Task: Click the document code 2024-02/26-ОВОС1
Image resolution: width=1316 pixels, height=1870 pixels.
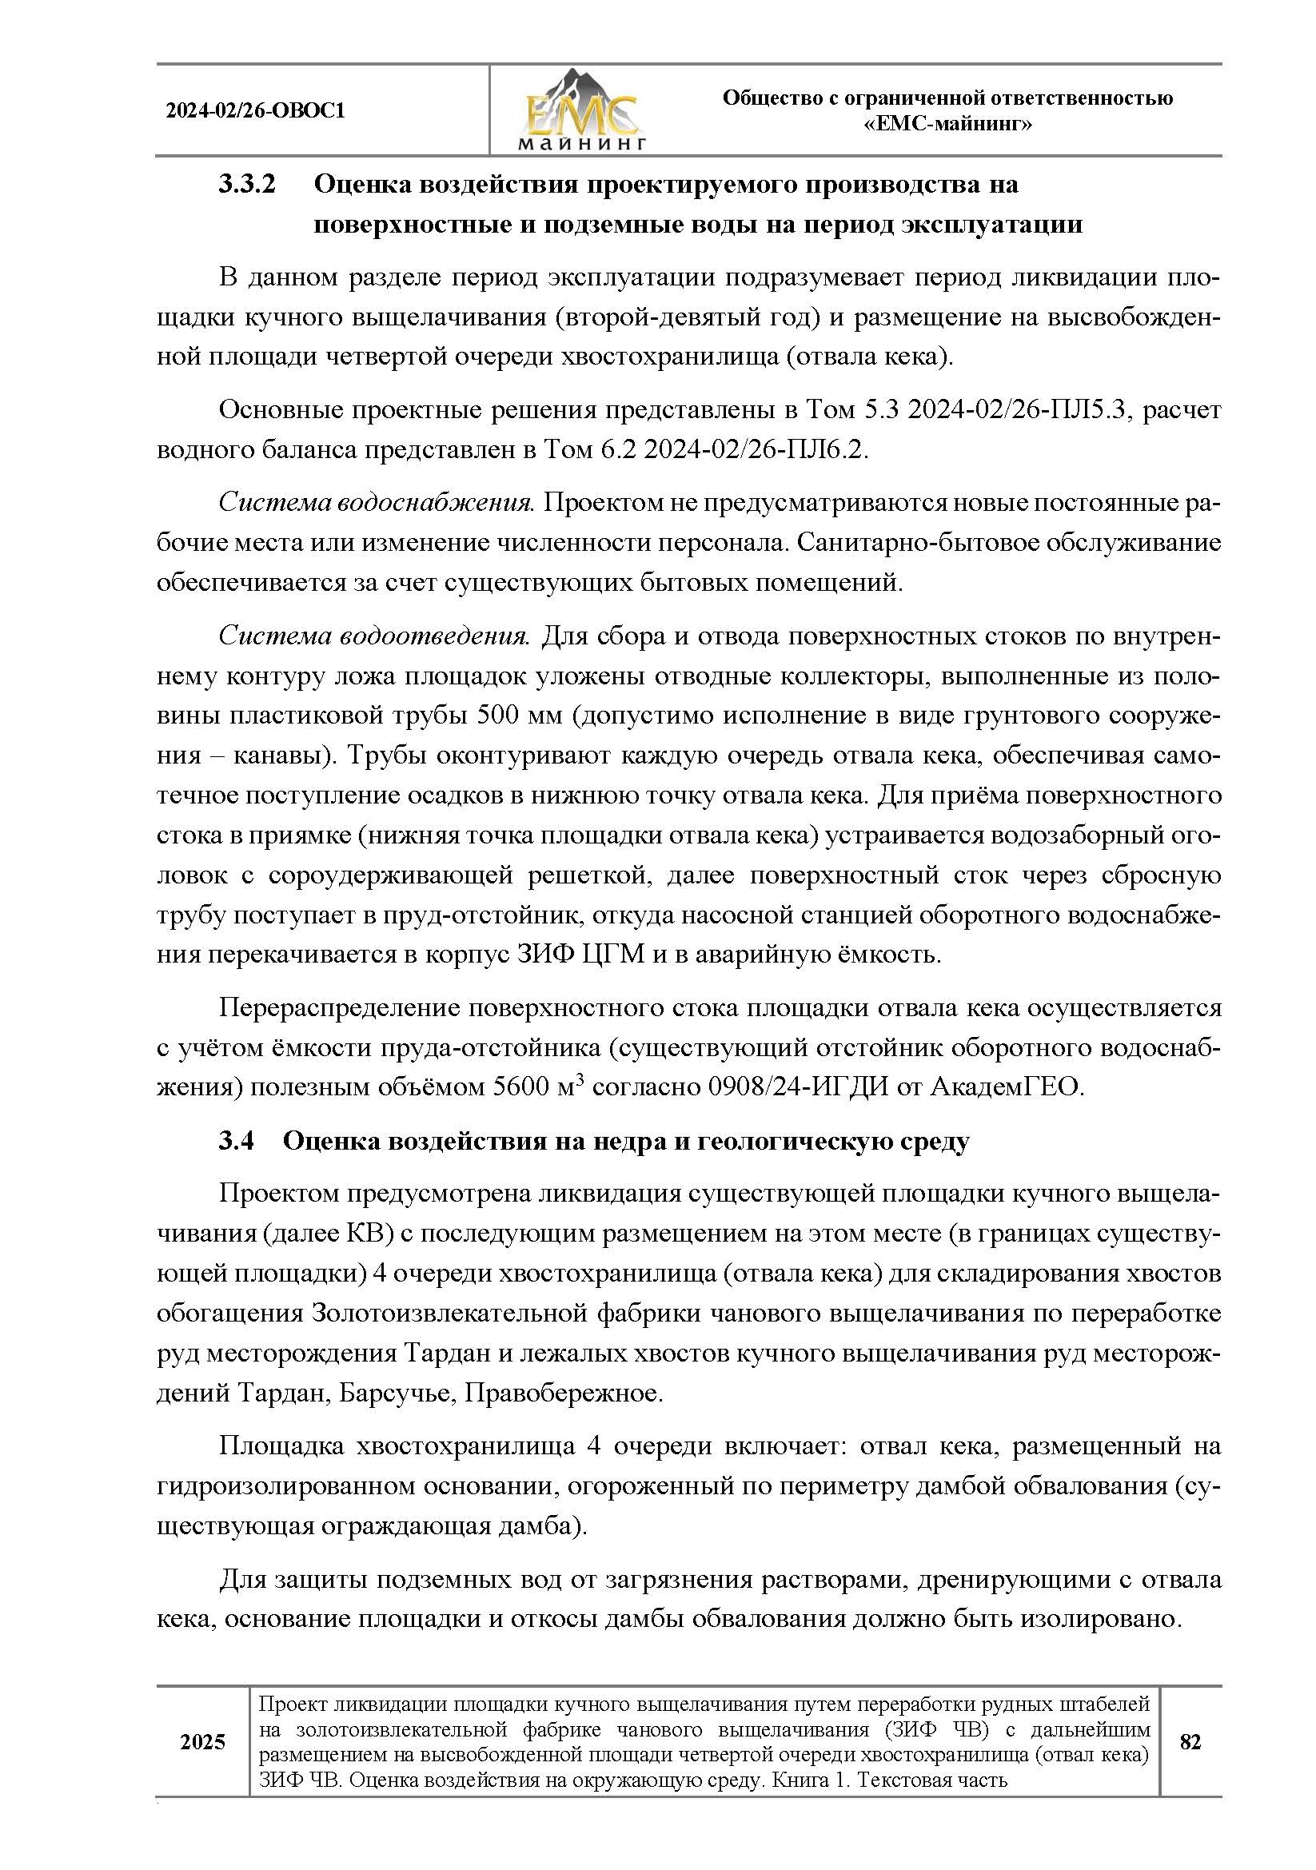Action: (255, 111)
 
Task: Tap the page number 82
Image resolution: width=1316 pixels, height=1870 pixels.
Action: (1190, 1742)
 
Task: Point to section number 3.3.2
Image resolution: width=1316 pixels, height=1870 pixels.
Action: (248, 185)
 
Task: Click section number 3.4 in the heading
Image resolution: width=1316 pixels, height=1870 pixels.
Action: (236, 1141)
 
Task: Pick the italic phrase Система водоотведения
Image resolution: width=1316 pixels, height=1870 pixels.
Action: (375, 636)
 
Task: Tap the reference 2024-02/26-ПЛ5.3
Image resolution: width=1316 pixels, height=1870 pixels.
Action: (1017, 409)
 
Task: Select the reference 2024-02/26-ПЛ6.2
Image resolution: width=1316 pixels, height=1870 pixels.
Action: (755, 449)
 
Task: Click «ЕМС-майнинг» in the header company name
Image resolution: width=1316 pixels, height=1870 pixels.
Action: (948, 124)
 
